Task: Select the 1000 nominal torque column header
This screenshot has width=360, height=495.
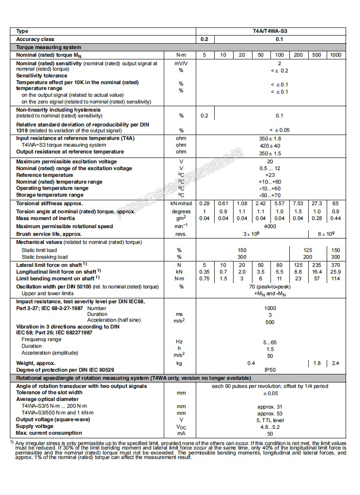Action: (335, 55)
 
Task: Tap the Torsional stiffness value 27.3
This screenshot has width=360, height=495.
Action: (317, 203)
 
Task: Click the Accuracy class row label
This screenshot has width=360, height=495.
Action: (35, 39)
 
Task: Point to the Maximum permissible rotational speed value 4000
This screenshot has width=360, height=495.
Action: (270, 226)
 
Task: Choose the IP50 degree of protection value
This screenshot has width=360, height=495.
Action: (270, 370)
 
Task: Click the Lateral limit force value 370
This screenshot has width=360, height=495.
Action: (335, 265)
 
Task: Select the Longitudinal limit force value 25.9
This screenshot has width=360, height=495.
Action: (335, 272)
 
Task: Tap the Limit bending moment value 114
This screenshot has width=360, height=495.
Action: (335, 279)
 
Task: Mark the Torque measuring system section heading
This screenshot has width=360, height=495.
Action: (49, 47)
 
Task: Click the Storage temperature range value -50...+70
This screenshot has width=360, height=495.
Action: (270, 195)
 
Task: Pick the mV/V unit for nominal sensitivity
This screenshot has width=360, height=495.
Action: (181, 63)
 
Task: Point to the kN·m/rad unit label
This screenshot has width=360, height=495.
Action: (181, 203)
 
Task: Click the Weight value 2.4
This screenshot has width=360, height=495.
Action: (335, 363)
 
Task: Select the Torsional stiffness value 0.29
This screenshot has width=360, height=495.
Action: (204, 203)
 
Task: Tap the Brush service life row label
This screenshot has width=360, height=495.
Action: (49, 234)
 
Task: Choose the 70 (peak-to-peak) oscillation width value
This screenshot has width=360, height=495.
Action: (270, 287)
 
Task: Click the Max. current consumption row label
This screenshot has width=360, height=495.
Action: (49, 433)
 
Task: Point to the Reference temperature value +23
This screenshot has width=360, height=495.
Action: (270, 175)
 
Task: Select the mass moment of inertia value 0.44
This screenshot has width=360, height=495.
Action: (335, 218)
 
